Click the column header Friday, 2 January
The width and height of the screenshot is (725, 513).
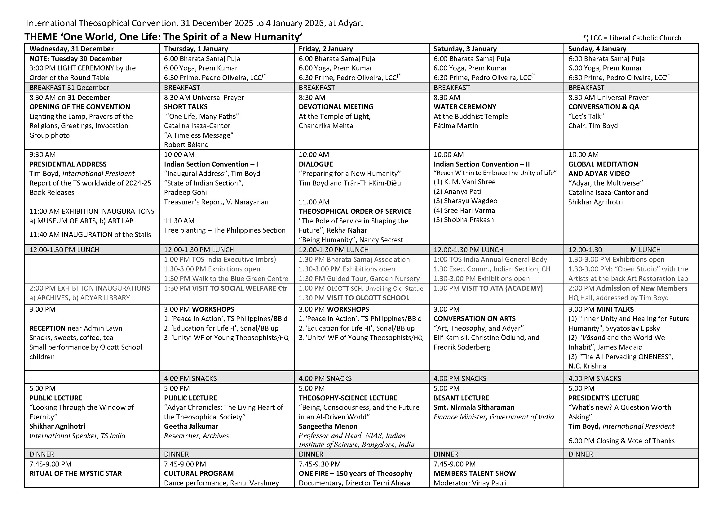[325, 49]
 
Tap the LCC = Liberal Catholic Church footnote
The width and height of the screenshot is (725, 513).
[632, 38]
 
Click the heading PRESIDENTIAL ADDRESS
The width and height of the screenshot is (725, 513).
[68, 164]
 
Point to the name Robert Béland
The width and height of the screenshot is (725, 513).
[186, 145]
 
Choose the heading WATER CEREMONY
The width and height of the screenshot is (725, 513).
[465, 107]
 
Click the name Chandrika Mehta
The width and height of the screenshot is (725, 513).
[325, 126]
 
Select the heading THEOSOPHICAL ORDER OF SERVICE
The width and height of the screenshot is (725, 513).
[355, 211]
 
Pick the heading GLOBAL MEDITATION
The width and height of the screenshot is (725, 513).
[603, 164]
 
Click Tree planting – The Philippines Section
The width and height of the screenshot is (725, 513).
[224, 230]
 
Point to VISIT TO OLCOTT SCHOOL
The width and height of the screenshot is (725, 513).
[368, 297]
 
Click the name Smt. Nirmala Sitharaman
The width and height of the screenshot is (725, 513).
[474, 408]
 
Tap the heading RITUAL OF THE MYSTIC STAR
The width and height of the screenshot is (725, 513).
[75, 473]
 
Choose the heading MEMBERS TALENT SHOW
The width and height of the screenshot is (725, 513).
[474, 473]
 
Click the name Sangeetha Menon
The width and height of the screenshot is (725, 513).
[328, 426]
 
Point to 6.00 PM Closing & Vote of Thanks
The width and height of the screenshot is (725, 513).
[621, 441]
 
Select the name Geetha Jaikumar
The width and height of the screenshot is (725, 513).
[191, 426]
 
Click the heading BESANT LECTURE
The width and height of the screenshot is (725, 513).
[461, 398]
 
